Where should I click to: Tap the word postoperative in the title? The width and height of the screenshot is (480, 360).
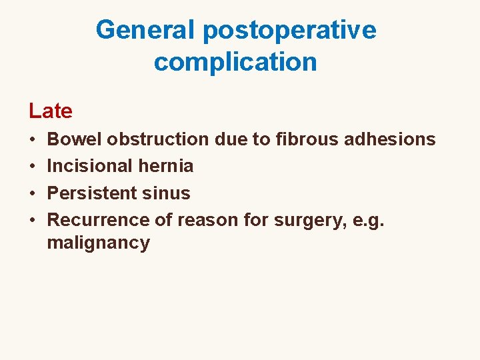[289, 29]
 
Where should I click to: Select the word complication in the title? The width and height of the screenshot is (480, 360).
[235, 62]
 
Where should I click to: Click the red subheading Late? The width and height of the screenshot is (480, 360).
[51, 111]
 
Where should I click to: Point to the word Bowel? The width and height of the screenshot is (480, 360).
[75, 139]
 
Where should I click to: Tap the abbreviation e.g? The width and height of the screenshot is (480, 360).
[372, 219]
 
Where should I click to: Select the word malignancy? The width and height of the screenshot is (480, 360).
[99, 243]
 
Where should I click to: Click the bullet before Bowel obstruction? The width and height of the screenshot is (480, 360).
[33, 140]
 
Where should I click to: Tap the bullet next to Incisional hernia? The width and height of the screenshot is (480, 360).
[33, 166]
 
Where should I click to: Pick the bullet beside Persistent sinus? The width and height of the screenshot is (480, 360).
[33, 193]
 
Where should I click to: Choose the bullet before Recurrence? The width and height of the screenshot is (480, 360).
[33, 220]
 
